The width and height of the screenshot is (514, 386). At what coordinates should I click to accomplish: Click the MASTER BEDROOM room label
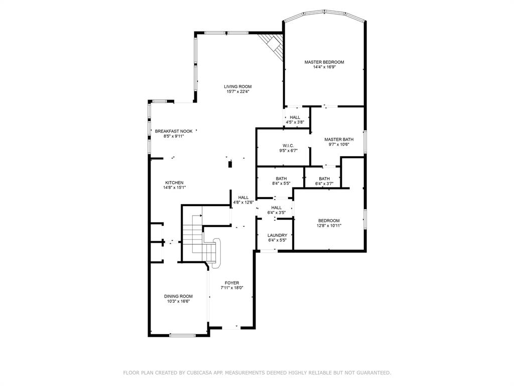324,62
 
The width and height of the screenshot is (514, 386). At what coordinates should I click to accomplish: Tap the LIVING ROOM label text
237,86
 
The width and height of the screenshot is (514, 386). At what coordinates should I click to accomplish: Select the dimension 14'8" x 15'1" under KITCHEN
175,188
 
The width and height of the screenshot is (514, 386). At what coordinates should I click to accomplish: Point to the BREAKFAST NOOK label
174,131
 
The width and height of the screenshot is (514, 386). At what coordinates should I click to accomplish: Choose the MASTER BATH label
339,139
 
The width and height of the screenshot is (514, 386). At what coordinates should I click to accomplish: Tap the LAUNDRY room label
277,235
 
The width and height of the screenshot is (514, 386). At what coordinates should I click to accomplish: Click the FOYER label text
232,283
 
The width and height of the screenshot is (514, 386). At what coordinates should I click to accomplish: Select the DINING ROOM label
178,296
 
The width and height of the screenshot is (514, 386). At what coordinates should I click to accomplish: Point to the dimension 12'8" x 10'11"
329,226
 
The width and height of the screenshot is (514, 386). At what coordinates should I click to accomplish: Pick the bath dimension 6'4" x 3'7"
324,183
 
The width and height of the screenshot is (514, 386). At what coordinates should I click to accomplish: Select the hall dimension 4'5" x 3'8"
295,122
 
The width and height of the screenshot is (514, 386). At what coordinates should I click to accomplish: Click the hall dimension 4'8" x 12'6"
243,202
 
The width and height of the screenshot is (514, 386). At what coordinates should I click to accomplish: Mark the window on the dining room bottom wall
183,335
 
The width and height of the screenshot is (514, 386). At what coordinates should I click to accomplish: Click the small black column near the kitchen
230,164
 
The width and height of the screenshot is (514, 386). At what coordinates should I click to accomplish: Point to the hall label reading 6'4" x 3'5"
277,213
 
